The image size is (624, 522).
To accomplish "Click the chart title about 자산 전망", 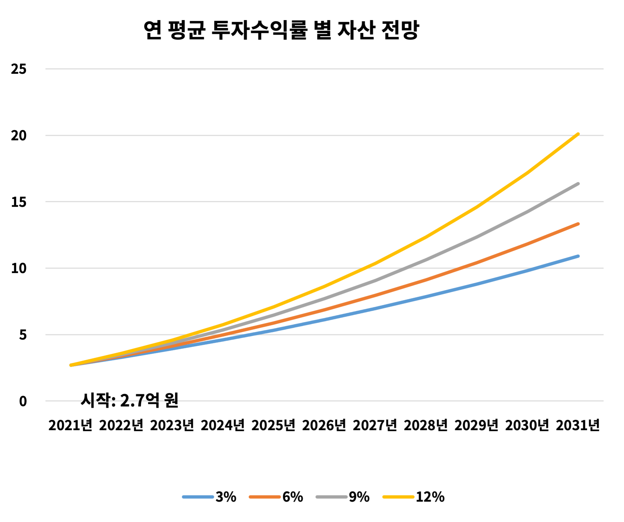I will pos(281,30).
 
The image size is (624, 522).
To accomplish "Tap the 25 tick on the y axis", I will pos(19,69).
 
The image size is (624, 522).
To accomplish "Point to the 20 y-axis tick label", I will pos(19,136).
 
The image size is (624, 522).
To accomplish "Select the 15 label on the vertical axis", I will pos(19,202).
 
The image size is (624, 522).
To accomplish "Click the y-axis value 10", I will pos(19,268).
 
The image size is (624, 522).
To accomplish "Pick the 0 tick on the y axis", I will pos(23,401).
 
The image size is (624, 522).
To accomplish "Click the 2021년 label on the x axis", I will pos(70,425).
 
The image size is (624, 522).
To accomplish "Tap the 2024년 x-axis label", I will pos(223,425).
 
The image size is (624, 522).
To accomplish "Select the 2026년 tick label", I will pos(324,425).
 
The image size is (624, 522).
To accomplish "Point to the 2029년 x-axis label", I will pos(476,425).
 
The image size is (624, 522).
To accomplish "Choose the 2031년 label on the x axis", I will pos(578,425).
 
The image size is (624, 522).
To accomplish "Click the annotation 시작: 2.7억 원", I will pos(130,400).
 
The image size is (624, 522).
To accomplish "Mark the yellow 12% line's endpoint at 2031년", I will pos(578,134).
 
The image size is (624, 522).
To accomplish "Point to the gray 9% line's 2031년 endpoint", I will pos(578,184).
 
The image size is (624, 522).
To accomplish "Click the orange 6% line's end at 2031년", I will pos(578,224).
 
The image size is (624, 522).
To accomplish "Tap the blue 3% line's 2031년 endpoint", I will pos(578,256).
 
